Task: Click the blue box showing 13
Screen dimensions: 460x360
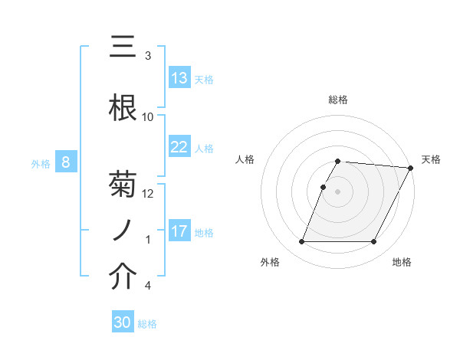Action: point(179,78)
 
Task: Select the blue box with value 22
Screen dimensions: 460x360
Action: point(179,147)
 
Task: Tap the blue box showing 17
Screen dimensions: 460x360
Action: point(179,231)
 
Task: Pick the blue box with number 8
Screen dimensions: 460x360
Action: point(66,162)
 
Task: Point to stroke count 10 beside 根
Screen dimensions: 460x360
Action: point(148,117)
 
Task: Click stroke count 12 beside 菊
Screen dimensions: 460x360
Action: point(148,194)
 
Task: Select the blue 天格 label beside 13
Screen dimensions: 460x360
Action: point(204,79)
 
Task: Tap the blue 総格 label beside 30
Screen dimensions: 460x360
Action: point(148,324)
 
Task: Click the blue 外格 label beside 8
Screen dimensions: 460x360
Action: point(41,163)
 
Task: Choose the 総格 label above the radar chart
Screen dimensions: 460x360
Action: point(338,100)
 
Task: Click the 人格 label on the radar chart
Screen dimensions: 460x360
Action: point(245,159)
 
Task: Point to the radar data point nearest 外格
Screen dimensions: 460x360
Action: point(301,242)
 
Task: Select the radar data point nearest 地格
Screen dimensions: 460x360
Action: point(374,242)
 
